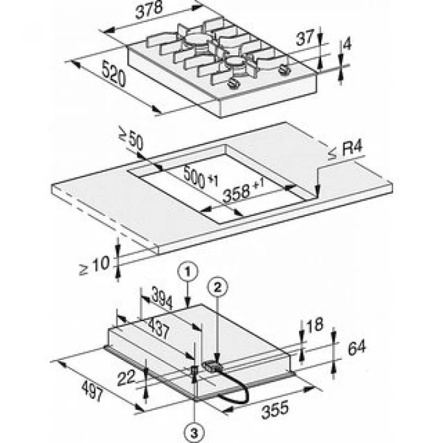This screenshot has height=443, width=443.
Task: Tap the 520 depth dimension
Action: [114, 74]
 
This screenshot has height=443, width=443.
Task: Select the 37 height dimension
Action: [305, 38]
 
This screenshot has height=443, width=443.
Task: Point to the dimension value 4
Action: [347, 45]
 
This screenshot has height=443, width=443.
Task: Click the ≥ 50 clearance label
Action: [131, 140]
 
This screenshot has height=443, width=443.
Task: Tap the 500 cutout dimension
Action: [200, 178]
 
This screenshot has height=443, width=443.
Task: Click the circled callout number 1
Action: [188, 271]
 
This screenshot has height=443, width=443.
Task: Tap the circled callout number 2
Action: [218, 287]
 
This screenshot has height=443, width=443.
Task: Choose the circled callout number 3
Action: [194, 432]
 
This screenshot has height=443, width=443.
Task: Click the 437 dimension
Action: [159, 328]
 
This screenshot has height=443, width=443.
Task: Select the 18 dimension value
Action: [315, 325]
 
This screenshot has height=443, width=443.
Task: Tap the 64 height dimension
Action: [357, 348]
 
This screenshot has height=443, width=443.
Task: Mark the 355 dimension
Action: [275, 409]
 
